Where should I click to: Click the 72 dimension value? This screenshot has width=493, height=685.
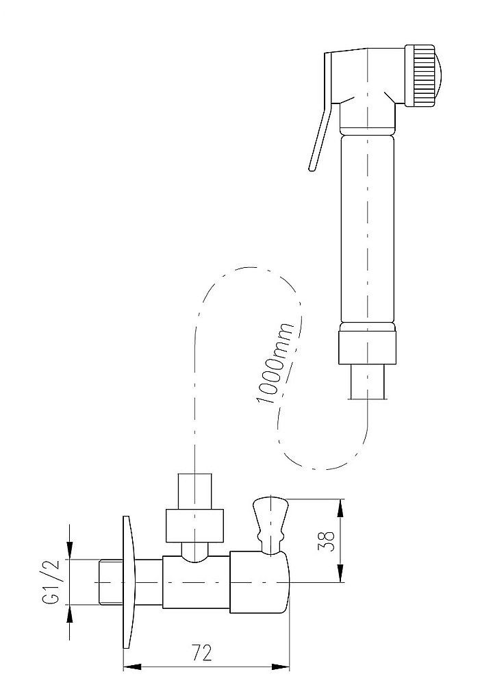point(201,653)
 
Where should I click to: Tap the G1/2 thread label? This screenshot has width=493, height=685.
point(51,584)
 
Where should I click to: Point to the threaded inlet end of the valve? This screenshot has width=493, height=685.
point(105,583)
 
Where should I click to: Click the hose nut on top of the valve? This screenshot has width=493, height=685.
point(195,524)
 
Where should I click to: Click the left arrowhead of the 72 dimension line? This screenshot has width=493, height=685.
point(130,665)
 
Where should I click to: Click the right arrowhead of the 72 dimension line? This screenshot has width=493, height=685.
point(282,665)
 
